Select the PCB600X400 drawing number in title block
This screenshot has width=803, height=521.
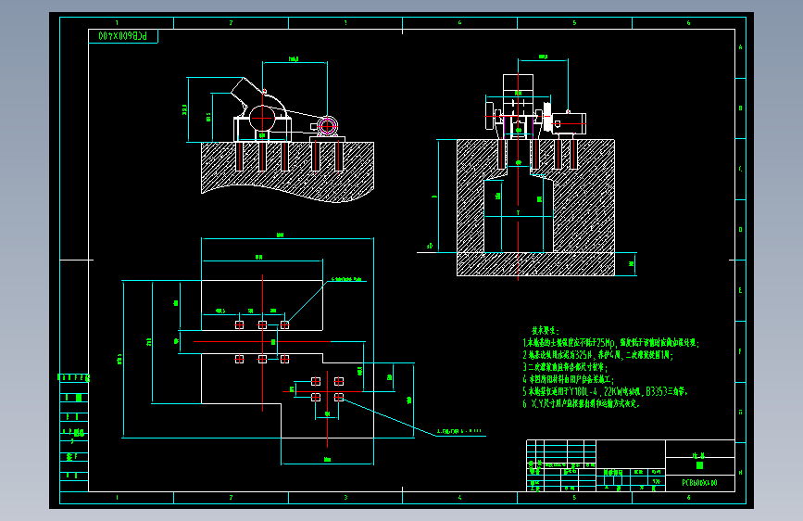[x=699, y=483]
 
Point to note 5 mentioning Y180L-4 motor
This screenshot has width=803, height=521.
[x=606, y=392]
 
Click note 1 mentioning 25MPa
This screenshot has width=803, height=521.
[x=611, y=342]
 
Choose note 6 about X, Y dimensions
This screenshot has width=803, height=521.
[x=582, y=404]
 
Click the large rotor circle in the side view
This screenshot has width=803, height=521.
[x=262, y=119]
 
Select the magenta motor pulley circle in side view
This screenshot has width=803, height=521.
[x=327, y=126]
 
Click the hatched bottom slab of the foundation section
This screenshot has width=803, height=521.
[x=535, y=264]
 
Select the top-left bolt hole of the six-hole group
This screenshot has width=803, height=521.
[x=239, y=324]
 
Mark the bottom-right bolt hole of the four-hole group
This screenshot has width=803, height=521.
[x=339, y=397]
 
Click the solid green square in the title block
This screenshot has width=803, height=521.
[x=699, y=465]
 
